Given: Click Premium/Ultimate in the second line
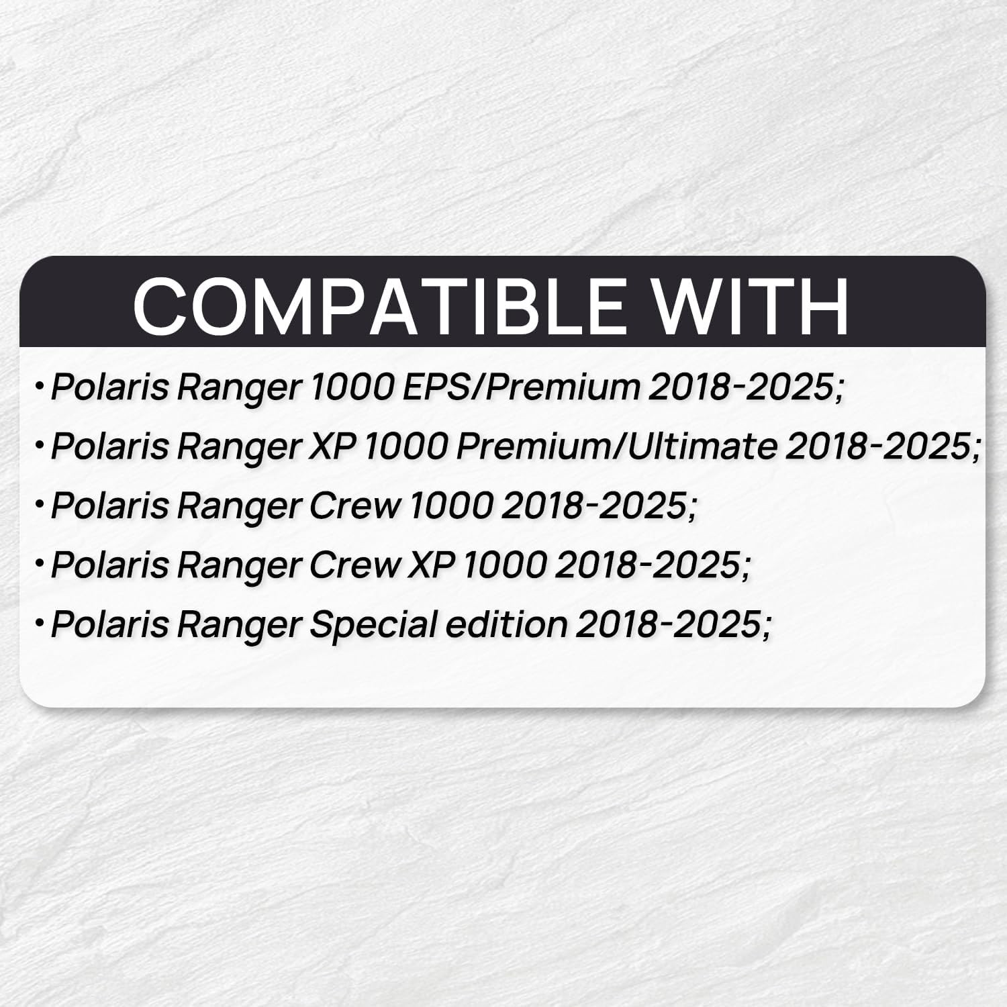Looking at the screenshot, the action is [x=616, y=446].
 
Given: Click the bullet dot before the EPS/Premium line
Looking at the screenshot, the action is [x=40, y=387].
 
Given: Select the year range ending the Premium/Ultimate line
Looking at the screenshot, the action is [x=883, y=447].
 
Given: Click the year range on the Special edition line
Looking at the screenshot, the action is [x=673, y=625].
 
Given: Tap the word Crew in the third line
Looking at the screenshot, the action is [x=355, y=506].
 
